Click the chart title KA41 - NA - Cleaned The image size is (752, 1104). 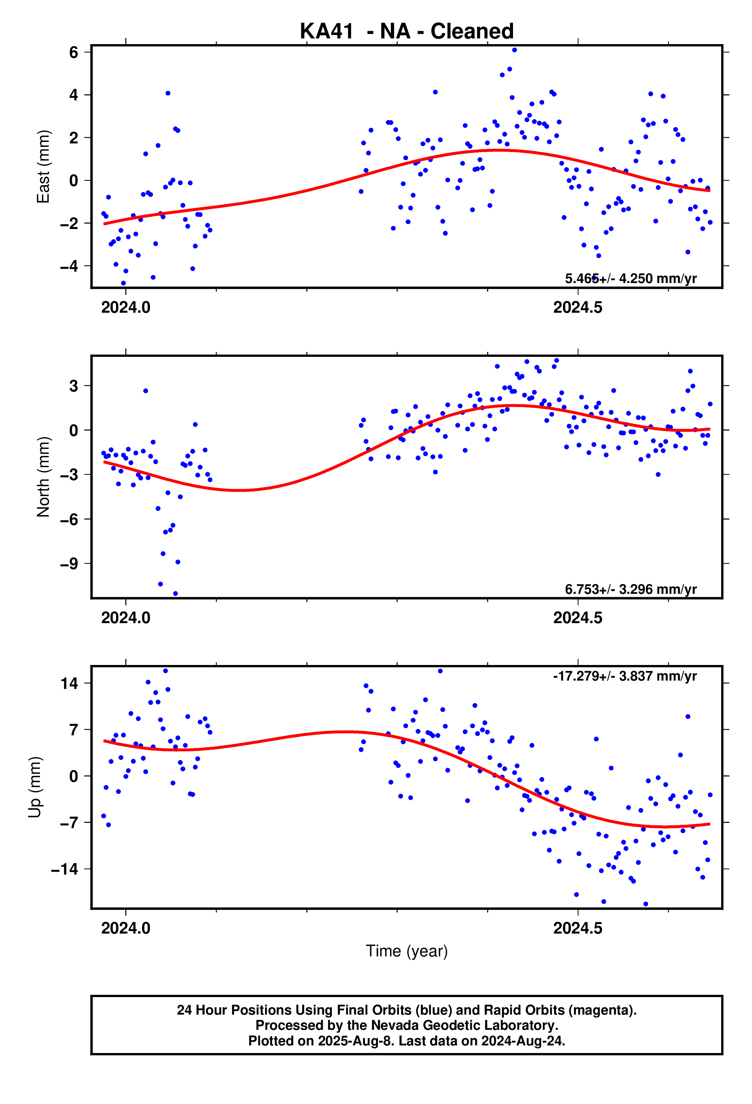(x=406, y=31)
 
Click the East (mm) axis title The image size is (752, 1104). (x=43, y=167)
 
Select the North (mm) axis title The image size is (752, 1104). (x=43, y=476)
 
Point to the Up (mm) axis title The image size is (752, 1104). (x=35, y=787)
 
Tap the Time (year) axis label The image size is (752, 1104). (x=406, y=951)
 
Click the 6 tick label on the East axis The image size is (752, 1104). (x=73, y=52)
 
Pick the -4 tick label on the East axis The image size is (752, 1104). (x=69, y=266)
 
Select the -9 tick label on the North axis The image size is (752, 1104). (x=69, y=564)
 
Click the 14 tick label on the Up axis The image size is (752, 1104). (x=69, y=683)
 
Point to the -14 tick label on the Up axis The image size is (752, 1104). (x=65, y=869)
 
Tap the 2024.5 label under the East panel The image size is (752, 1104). (x=578, y=308)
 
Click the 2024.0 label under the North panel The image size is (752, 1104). (x=126, y=617)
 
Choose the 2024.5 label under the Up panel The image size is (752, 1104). (x=578, y=928)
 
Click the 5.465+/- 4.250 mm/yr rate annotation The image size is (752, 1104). (x=630, y=278)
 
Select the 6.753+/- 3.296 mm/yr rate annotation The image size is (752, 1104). (x=630, y=589)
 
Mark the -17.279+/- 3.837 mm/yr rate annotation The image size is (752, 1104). (x=625, y=676)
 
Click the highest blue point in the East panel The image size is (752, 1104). (x=514, y=50)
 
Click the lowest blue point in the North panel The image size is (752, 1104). (x=175, y=594)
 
